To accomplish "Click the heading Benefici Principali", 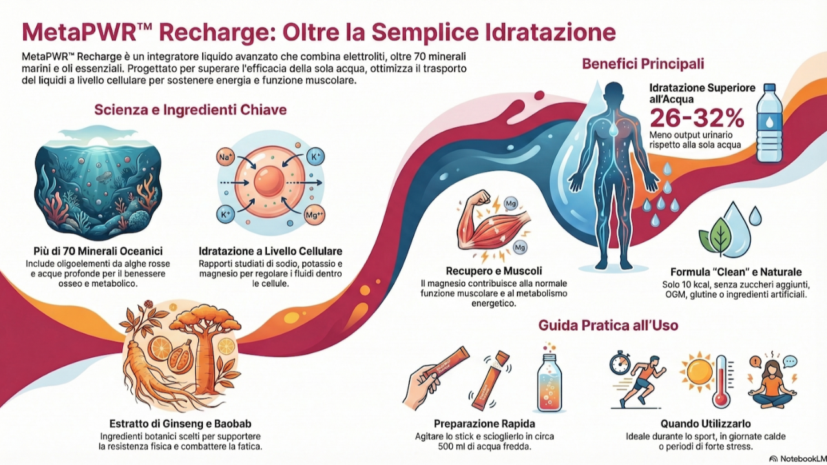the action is coord(643,64).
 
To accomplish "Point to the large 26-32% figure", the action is coord(696,118).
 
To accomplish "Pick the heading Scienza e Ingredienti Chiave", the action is coord(191,110).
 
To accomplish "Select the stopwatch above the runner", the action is coord(620,363).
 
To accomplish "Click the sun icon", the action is coord(699,373).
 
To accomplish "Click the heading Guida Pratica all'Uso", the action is coord(608,325).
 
